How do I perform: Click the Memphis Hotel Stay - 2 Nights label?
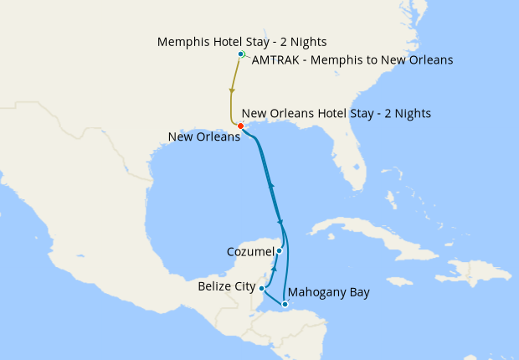tap(242, 41)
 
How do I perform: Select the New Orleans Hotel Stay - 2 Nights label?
tap(336, 113)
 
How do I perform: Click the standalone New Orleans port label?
tap(204, 137)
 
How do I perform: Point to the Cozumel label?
tap(249, 251)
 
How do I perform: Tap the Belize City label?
tap(227, 286)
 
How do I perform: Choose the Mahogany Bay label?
tap(328, 292)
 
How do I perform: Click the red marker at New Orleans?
tap(241, 126)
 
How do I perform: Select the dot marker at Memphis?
tap(241, 54)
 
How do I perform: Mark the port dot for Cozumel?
tap(280, 250)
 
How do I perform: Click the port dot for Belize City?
tap(263, 288)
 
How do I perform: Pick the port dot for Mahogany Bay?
tap(285, 304)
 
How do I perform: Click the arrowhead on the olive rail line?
tap(230, 91)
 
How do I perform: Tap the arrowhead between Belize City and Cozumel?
tap(275, 271)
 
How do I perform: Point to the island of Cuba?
tap(352, 230)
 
